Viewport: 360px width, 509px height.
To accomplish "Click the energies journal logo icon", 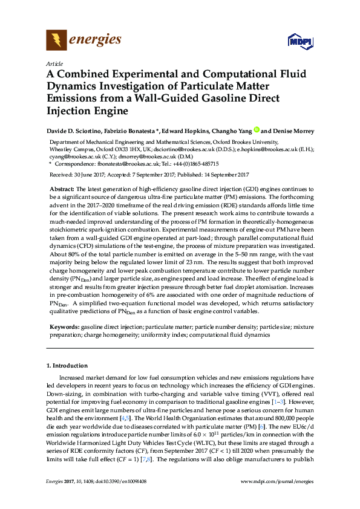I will click(57, 41).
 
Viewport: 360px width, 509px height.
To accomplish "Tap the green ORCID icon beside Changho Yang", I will click(257, 130).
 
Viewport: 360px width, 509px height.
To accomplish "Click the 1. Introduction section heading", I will click(67, 366).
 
